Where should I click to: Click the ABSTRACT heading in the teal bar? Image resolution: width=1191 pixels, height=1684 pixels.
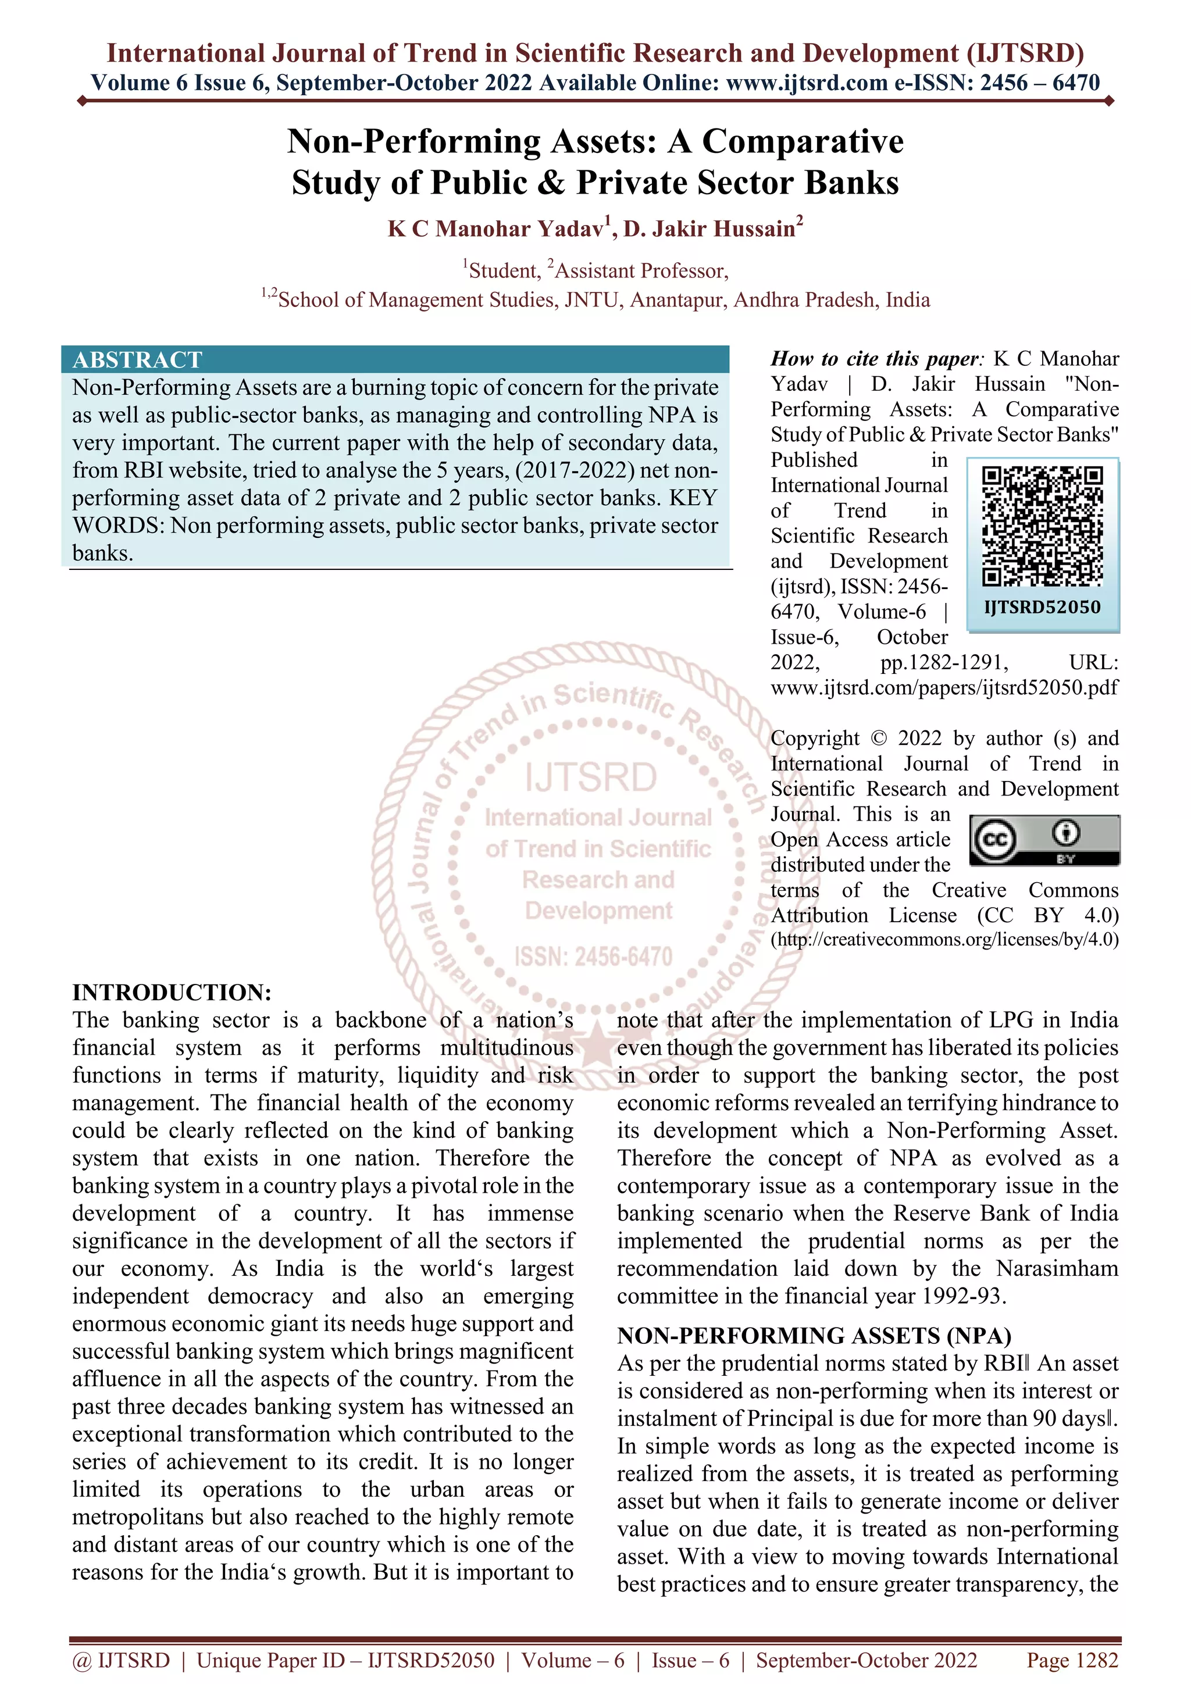(x=137, y=359)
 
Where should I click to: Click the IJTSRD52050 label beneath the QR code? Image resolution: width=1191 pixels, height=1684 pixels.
(x=1042, y=607)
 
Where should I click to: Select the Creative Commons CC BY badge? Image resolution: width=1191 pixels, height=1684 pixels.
(x=1044, y=840)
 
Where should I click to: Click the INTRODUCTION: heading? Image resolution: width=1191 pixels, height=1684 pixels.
(x=172, y=993)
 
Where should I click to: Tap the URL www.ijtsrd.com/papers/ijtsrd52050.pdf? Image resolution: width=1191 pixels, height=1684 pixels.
(x=944, y=687)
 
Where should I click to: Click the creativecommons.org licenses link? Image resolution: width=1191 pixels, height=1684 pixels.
(x=944, y=940)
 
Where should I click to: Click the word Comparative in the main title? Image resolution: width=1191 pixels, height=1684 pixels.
(x=803, y=141)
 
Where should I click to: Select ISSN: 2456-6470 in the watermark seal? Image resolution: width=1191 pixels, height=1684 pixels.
(x=593, y=957)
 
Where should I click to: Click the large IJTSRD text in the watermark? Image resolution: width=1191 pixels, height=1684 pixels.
(x=591, y=777)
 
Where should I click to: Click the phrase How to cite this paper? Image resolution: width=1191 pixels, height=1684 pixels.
(x=874, y=359)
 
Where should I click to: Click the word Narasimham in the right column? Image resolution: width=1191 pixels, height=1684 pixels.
(x=1057, y=1268)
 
